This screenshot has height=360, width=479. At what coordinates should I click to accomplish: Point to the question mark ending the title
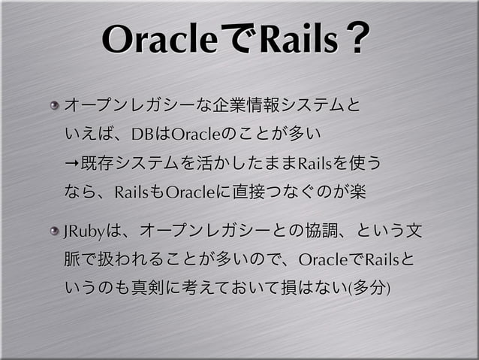click(x=359, y=41)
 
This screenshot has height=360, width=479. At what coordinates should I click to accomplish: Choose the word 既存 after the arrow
click(x=96, y=163)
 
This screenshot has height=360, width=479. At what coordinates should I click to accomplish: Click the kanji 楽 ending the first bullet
click(x=357, y=192)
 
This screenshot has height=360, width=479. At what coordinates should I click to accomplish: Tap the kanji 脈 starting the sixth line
click(x=73, y=260)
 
